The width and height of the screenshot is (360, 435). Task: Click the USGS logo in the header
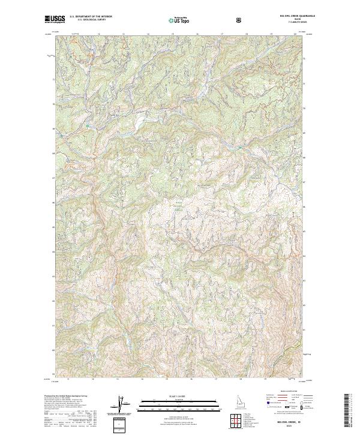click(55, 20)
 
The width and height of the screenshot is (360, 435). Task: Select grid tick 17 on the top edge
click(222, 34)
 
